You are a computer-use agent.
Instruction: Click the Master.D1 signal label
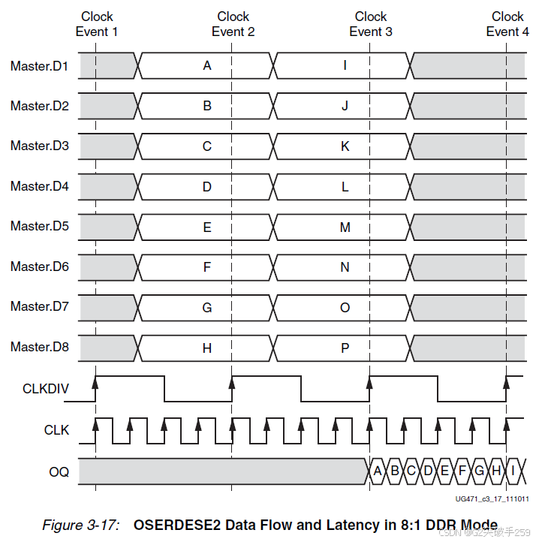click(x=39, y=66)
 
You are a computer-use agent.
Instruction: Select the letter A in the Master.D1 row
click(x=207, y=66)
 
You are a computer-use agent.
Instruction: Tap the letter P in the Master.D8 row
click(x=345, y=348)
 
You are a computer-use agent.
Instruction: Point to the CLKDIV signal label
click(x=46, y=389)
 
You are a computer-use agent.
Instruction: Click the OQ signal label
click(x=59, y=471)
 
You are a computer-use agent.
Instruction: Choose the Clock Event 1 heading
click(x=97, y=24)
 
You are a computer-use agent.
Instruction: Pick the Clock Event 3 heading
click(x=371, y=24)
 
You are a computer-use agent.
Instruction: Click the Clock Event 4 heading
click(x=507, y=24)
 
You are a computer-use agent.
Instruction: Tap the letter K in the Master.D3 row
click(x=345, y=146)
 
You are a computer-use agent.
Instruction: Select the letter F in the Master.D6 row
click(x=207, y=266)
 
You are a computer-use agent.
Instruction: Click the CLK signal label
click(x=56, y=430)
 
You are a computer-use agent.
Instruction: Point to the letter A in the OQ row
click(x=377, y=471)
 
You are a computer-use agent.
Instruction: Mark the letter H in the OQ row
click(x=495, y=471)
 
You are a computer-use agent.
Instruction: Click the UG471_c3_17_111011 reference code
click(x=492, y=499)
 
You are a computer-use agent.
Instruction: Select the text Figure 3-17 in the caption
click(x=80, y=525)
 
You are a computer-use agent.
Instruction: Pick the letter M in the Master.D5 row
click(x=345, y=227)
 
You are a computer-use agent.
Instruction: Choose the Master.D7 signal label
click(x=39, y=306)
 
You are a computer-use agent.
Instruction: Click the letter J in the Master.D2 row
click(x=345, y=106)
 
